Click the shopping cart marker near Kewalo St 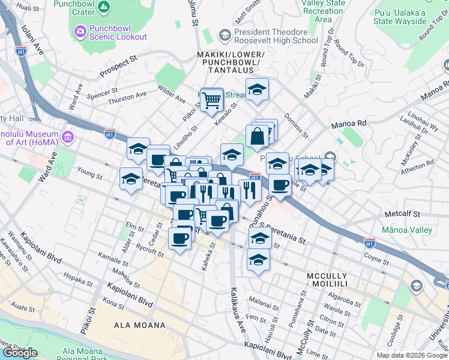coord(211,101)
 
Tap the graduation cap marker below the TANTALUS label coord(257,90)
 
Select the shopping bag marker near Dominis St coord(257,136)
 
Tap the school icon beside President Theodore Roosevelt coord(224,36)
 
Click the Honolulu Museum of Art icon coord(66,138)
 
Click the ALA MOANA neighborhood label coord(139,325)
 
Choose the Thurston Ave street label coord(127,96)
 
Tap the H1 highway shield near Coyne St coord(370,242)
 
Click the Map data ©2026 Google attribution coord(411,355)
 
